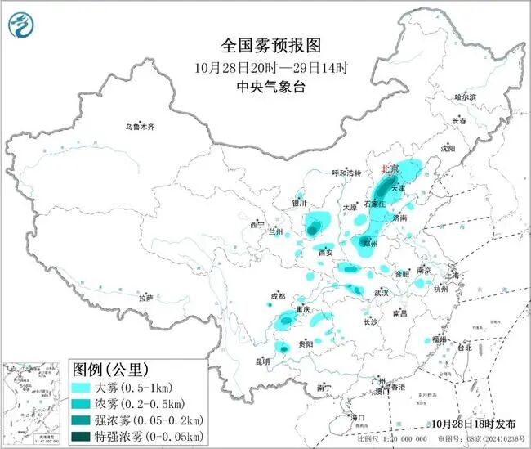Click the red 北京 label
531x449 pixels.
pos(390,168)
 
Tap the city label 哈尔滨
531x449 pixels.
pos(465,97)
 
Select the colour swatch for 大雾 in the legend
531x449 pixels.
pos(83,387)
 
